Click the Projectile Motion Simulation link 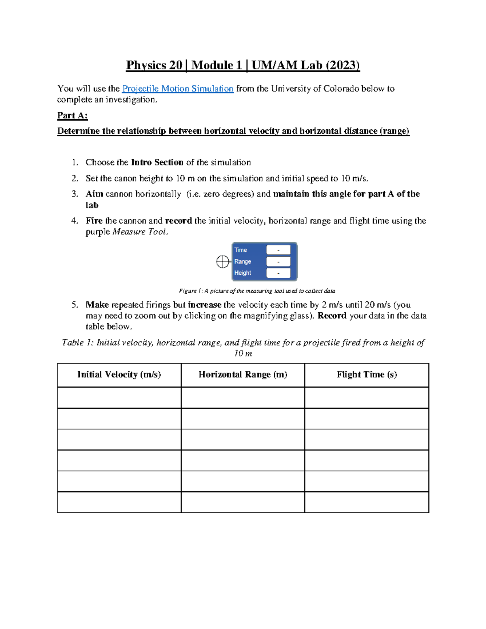pyautogui.click(x=177, y=89)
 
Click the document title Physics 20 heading pyautogui.click(x=243, y=65)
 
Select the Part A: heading pyautogui.click(x=72, y=115)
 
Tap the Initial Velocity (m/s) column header pyautogui.click(x=119, y=375)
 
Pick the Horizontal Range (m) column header pyautogui.click(x=243, y=375)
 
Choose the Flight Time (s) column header pyautogui.click(x=367, y=375)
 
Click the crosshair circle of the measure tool pyautogui.click(x=222, y=262)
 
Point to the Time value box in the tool pyautogui.click(x=278, y=250)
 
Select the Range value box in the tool pyautogui.click(x=278, y=262)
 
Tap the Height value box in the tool pyautogui.click(x=278, y=273)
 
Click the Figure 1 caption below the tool pyautogui.click(x=257, y=291)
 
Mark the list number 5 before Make pyautogui.click(x=75, y=305)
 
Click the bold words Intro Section pyautogui.click(x=157, y=162)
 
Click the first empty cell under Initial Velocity pyautogui.click(x=119, y=398)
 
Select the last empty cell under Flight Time pyautogui.click(x=367, y=502)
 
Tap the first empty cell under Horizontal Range pyautogui.click(x=243, y=398)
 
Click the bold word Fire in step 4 pyautogui.click(x=94, y=221)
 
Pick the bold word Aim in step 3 pyautogui.click(x=94, y=194)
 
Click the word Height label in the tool pyautogui.click(x=243, y=273)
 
